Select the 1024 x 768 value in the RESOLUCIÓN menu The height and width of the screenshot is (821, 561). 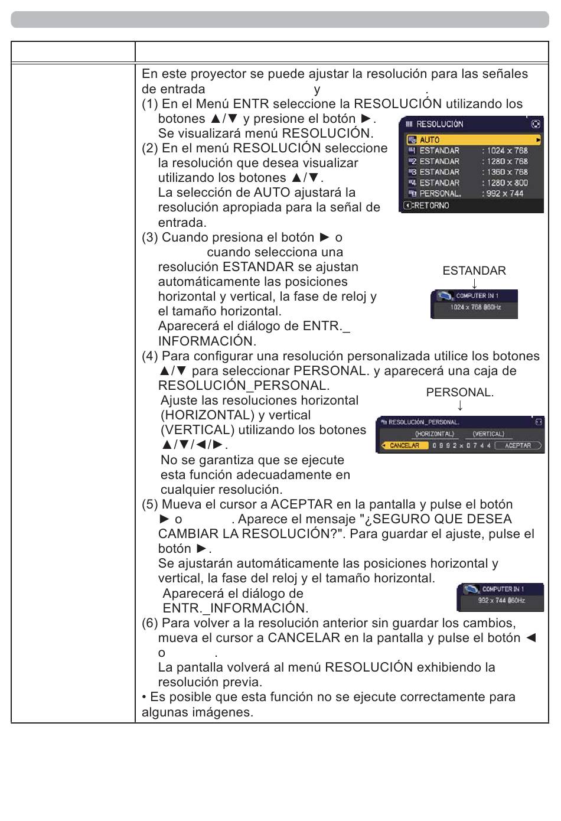tap(505, 151)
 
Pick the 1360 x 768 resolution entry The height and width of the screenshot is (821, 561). tap(505, 172)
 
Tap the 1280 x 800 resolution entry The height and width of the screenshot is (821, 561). tap(505, 183)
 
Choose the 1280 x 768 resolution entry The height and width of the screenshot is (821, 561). tap(505, 161)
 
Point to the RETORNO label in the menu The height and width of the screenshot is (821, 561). tap(430, 206)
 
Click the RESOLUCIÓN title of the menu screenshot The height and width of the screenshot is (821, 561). tap(439, 124)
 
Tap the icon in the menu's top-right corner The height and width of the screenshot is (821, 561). tap(536, 124)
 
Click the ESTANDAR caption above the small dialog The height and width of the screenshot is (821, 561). tap(474, 271)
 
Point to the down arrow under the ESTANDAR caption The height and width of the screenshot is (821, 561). tap(474, 284)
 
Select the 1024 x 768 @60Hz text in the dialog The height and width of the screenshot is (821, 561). tap(476, 308)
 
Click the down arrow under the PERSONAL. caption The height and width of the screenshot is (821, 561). tap(460, 405)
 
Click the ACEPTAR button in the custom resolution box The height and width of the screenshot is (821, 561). tap(518, 445)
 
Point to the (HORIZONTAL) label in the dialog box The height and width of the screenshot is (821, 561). tap(434, 434)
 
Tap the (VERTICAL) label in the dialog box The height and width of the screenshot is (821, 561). tap(488, 434)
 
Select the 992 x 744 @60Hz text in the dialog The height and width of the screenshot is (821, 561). tap(501, 601)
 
